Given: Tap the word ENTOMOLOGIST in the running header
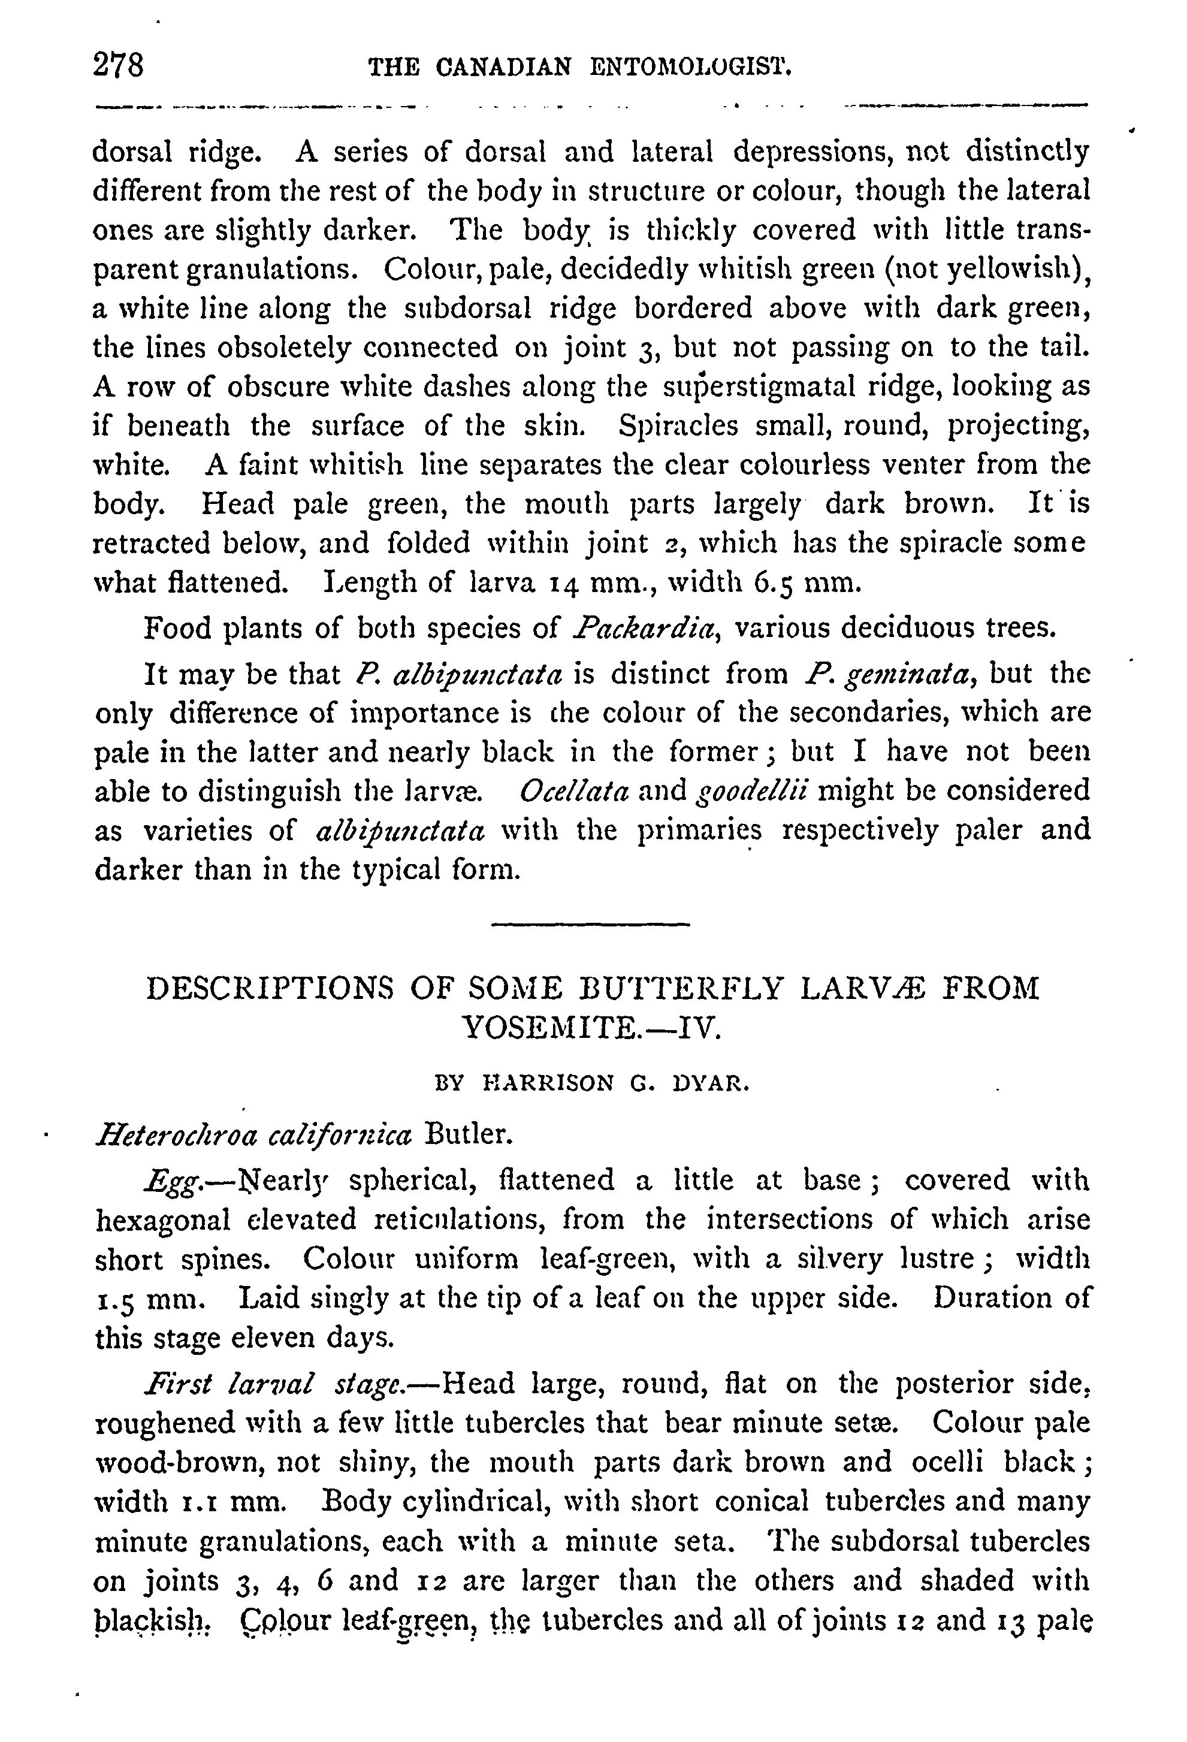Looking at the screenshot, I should [x=691, y=68].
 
